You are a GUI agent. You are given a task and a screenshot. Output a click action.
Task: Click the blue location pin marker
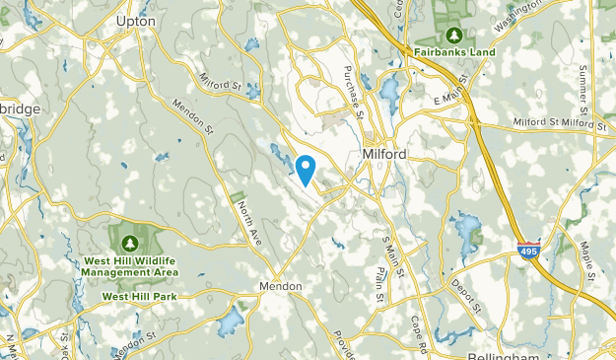point(306,170)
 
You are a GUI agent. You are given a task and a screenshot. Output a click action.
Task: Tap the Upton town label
point(136,20)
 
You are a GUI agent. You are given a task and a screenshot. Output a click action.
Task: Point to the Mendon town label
point(278,285)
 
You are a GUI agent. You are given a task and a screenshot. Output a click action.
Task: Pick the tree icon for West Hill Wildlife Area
point(129,243)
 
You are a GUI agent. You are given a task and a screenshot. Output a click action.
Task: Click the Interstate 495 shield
point(530,252)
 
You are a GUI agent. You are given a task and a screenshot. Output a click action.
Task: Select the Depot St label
point(469,294)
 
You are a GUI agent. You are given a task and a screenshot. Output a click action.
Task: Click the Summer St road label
point(583,88)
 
